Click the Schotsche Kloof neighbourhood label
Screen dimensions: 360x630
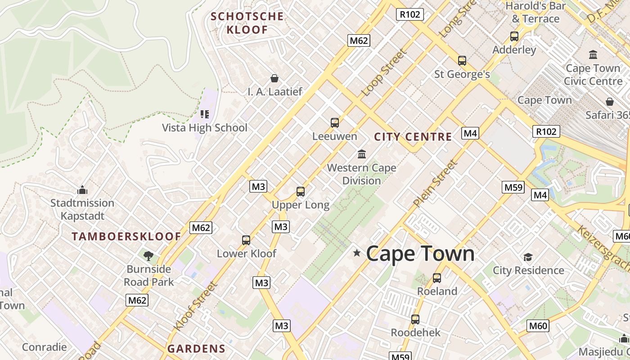click(247, 23)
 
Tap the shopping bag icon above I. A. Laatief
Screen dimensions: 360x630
click(274, 79)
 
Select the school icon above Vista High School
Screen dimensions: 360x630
click(205, 114)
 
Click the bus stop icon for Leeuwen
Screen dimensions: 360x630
click(334, 123)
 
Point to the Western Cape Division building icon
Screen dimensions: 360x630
click(361, 154)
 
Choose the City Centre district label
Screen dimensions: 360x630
click(413, 137)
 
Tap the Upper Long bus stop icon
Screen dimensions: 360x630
click(301, 192)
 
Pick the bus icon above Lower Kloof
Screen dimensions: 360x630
click(246, 240)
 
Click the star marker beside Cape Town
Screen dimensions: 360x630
click(357, 253)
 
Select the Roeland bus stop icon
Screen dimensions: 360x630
click(436, 278)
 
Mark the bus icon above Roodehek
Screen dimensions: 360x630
click(415, 319)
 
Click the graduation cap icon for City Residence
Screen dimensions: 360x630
click(528, 257)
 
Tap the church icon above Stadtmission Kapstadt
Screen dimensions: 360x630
click(82, 190)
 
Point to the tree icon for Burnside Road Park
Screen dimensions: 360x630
click(148, 256)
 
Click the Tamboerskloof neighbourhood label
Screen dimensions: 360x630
click(126, 237)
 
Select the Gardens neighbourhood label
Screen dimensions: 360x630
click(196, 349)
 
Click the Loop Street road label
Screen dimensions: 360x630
click(384, 73)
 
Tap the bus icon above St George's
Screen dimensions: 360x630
click(462, 61)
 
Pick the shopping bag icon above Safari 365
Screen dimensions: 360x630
click(609, 102)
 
